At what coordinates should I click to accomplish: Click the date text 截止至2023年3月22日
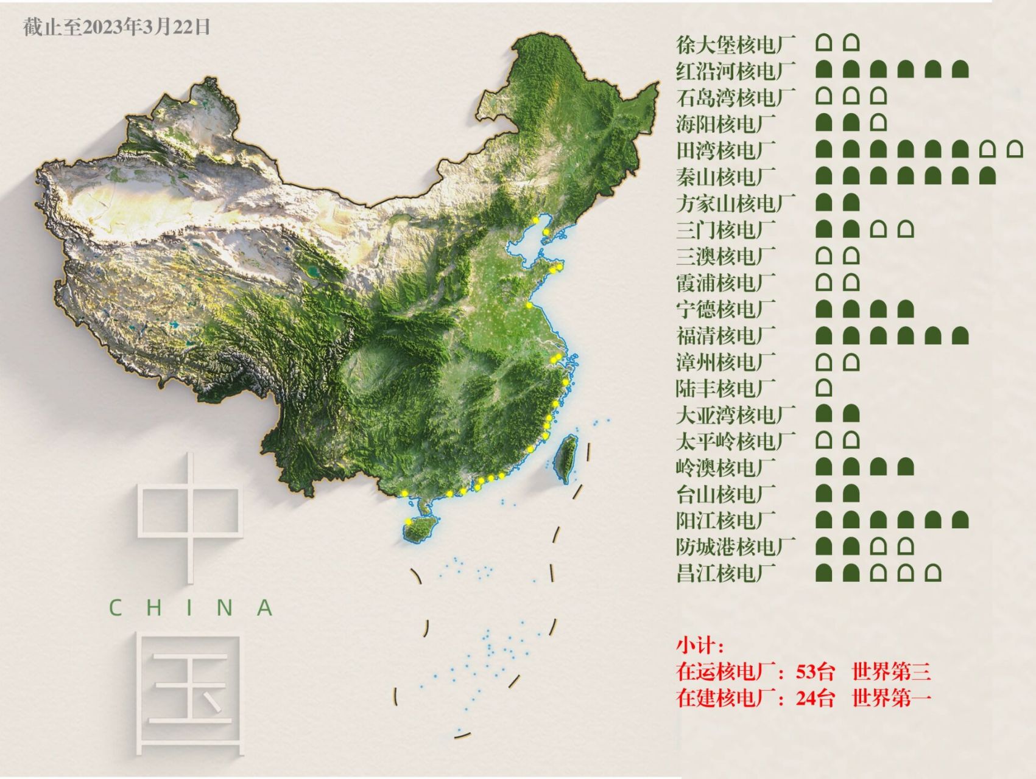[117, 27]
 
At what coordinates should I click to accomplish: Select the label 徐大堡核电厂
[736, 44]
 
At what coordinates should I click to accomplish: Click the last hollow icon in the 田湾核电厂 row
[1014, 149]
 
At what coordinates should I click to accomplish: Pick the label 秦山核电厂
[725, 177]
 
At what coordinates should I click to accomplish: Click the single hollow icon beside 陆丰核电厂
[823, 388]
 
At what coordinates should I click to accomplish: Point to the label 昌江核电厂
[725, 573]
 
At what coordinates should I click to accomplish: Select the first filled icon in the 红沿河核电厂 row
[823, 69]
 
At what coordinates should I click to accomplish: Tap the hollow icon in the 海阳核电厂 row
[878, 123]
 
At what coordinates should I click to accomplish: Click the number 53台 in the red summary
[815, 672]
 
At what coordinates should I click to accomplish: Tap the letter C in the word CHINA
[115, 607]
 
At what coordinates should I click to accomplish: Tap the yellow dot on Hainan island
[408, 522]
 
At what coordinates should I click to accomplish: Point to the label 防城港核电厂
[736, 547]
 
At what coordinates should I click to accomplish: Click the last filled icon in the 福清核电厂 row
[960, 335]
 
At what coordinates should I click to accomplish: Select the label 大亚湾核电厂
[736, 415]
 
